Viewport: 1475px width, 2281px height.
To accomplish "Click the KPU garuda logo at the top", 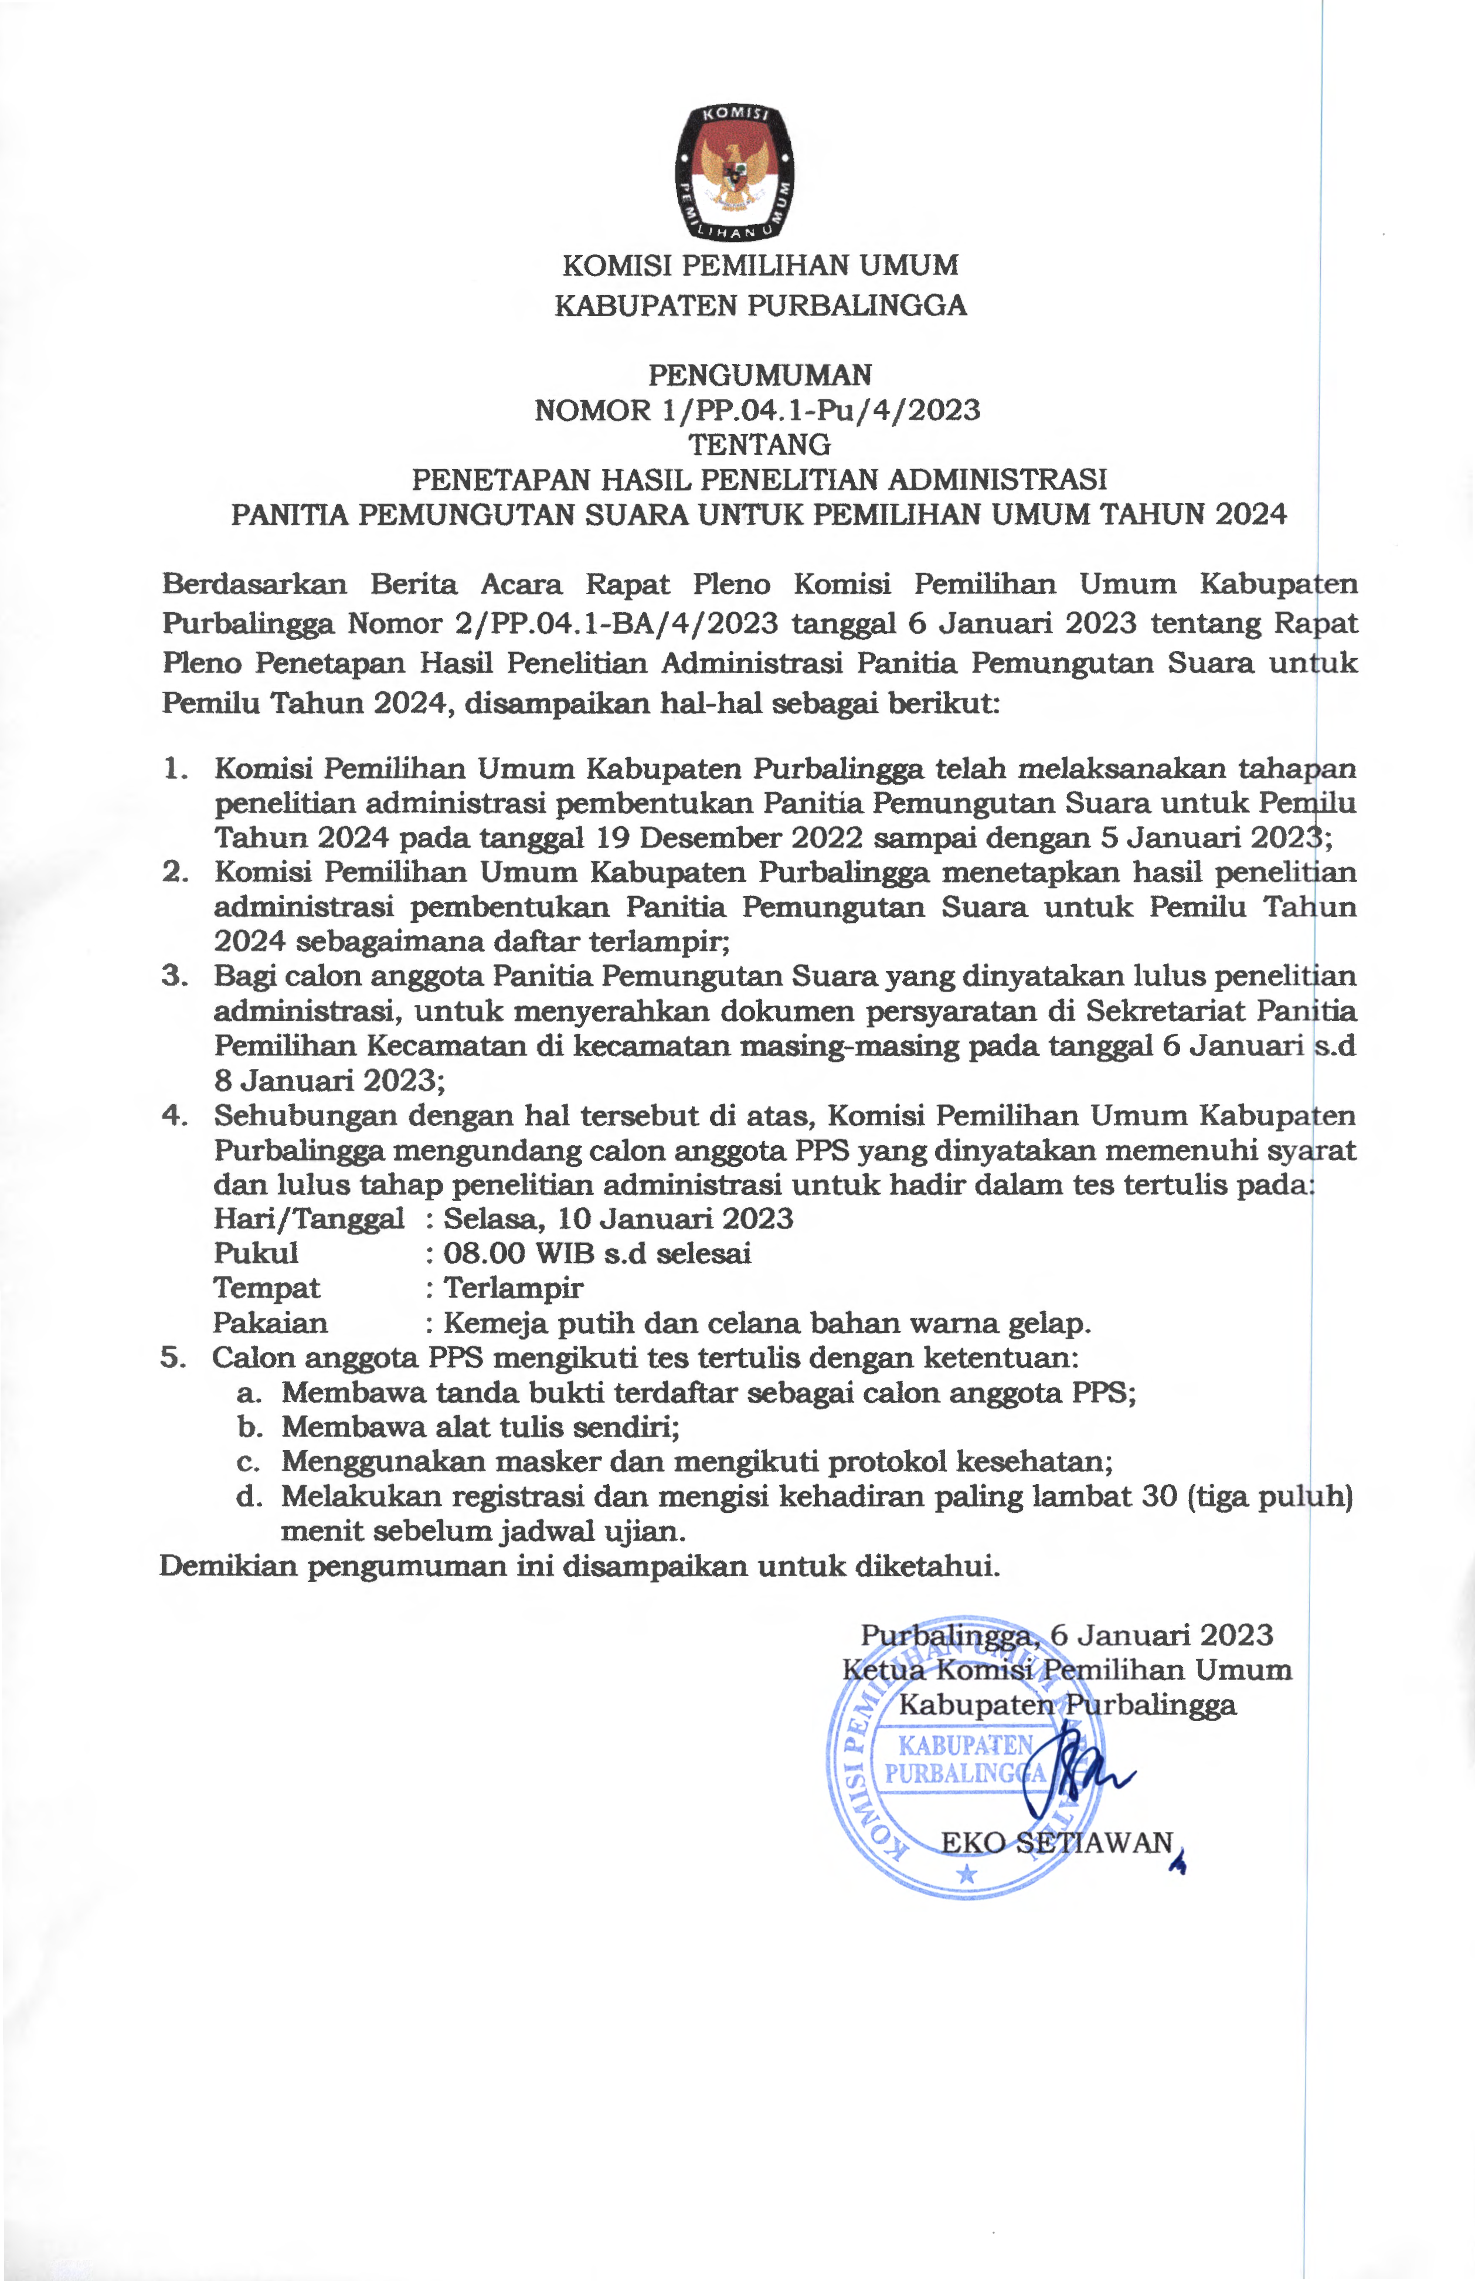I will tap(735, 171).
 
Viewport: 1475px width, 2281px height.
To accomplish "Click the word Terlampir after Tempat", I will tap(514, 1288).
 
